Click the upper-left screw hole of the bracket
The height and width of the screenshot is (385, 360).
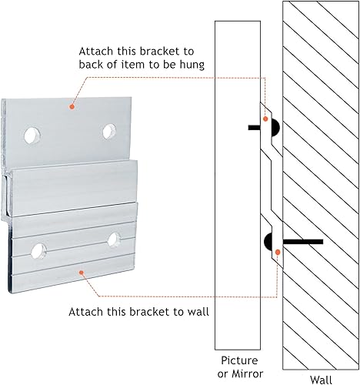[x=33, y=136]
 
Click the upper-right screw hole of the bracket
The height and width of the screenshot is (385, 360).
[x=109, y=132]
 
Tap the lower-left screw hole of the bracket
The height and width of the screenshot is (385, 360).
[x=38, y=251]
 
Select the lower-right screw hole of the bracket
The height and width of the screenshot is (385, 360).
[x=114, y=239]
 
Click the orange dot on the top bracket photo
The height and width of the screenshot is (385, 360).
[x=72, y=106]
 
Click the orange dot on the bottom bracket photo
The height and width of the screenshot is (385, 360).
[x=82, y=273]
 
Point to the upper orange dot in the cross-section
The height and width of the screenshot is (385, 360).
[x=265, y=119]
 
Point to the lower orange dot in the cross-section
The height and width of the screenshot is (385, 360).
[x=278, y=253]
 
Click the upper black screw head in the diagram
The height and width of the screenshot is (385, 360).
[x=275, y=128]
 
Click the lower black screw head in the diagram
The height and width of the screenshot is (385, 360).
[x=268, y=242]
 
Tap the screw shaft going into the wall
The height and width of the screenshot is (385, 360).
[x=303, y=242]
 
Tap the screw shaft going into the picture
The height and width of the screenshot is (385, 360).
[x=254, y=127]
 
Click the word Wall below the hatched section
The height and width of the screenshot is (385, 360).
[x=321, y=380]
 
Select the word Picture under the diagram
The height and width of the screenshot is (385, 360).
[x=239, y=360]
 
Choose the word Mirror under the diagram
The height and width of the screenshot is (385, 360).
[x=248, y=373]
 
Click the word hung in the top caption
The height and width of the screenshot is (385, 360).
[x=192, y=65]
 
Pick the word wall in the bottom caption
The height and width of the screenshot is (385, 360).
[x=198, y=312]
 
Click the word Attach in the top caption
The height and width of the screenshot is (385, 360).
[x=96, y=52]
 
